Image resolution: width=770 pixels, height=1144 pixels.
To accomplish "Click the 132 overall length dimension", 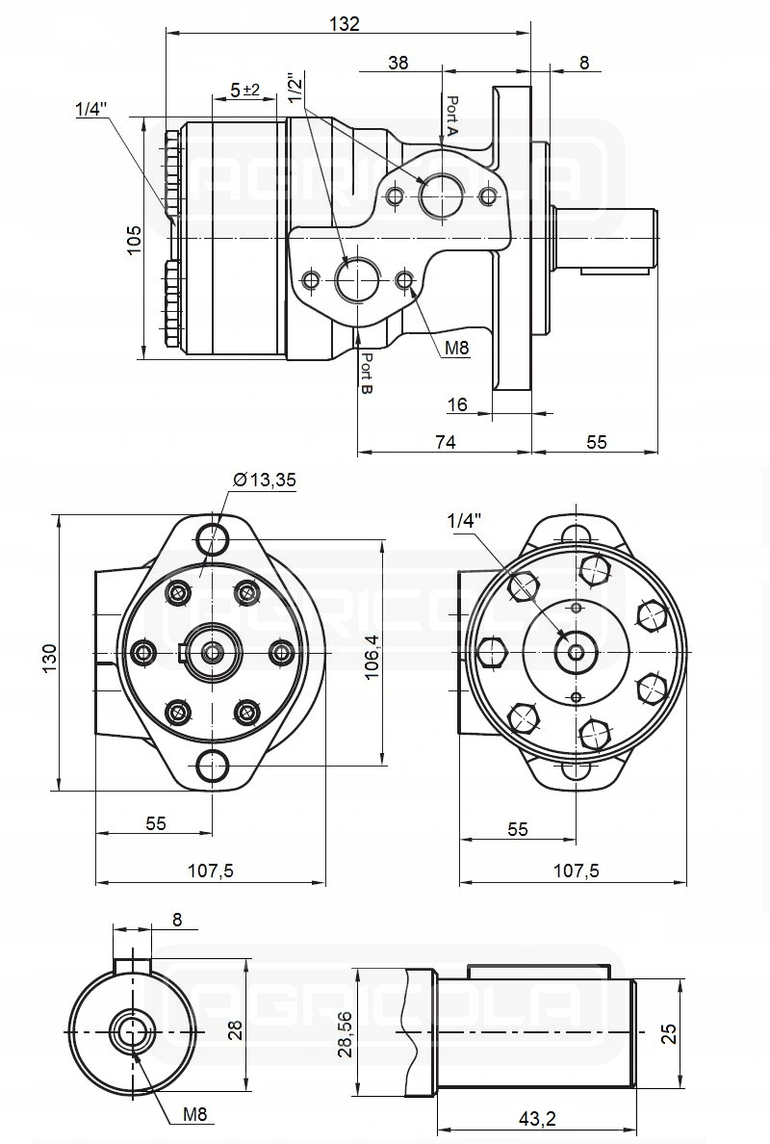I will click(x=344, y=23).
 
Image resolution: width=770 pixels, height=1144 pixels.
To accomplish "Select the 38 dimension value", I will click(x=398, y=63).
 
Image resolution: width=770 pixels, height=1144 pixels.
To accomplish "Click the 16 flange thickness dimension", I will click(x=457, y=404).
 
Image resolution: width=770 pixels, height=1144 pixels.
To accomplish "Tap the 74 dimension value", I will click(x=444, y=441).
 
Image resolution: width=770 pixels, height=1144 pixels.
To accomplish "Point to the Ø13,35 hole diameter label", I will click(x=264, y=481).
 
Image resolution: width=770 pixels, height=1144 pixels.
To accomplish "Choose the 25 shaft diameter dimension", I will click(x=671, y=1032).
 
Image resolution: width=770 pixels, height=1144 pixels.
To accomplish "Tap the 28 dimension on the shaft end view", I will click(x=234, y=1030).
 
